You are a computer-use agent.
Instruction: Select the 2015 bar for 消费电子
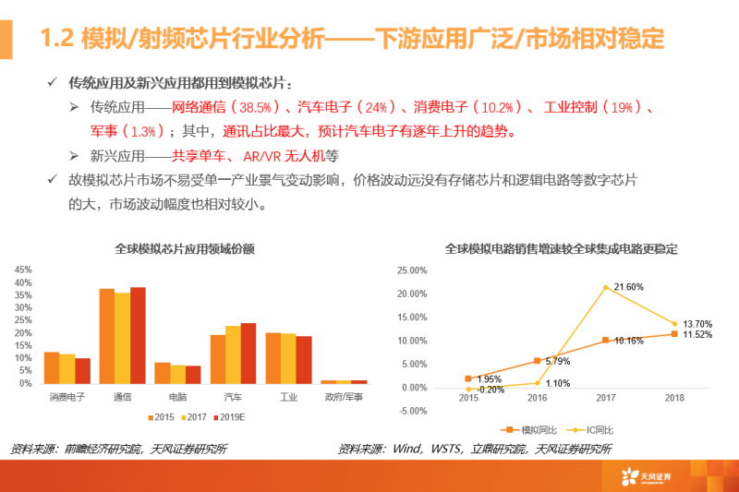[x=52, y=367]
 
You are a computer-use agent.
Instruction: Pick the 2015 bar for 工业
[x=273, y=358]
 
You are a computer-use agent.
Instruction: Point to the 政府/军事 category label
[x=343, y=396]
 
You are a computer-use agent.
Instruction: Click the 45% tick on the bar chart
[x=23, y=270]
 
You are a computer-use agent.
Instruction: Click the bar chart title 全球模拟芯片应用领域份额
[x=184, y=249]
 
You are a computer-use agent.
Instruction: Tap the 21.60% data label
[x=628, y=287]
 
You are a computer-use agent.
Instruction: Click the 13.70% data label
[x=697, y=324]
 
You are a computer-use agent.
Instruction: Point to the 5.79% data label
[x=558, y=361]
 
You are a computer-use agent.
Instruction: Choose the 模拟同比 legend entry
[x=527, y=430]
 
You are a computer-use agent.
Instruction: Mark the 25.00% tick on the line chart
[x=410, y=270]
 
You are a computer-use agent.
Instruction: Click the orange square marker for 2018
[x=674, y=333]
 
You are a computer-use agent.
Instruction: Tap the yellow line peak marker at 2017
[x=606, y=287]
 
